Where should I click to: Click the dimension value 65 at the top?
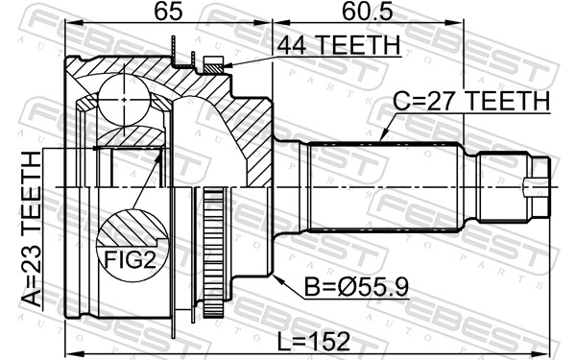point(168,12)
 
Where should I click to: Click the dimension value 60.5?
point(367,12)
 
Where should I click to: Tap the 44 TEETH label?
point(338,45)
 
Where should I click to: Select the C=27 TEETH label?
point(471,101)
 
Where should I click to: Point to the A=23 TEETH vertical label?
point(31,228)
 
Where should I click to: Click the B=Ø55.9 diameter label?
point(356,286)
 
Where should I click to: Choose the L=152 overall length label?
point(313,342)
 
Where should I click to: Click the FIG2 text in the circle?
point(131,260)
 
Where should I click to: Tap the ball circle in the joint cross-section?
point(125,99)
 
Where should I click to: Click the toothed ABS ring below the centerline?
point(214,252)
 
